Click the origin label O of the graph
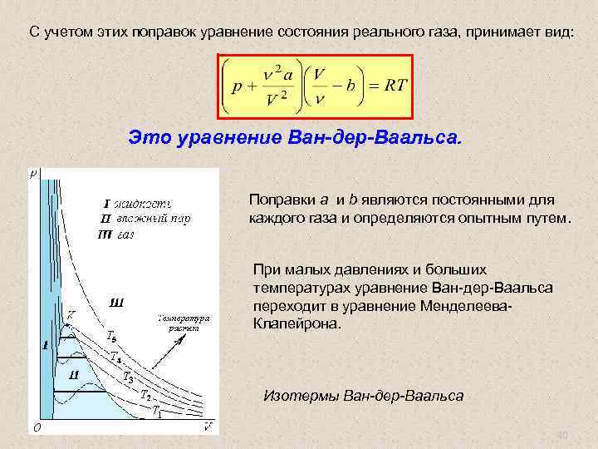click(x=35, y=427)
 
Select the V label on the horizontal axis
click(x=207, y=427)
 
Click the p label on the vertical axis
click(x=33, y=174)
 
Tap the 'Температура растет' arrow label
click(x=183, y=323)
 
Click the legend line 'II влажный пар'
click(x=145, y=219)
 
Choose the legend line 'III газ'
click(x=117, y=234)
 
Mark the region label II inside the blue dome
click(x=74, y=375)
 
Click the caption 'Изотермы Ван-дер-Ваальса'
click(x=363, y=395)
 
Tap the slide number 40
click(x=561, y=436)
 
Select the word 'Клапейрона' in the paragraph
click(x=296, y=324)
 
